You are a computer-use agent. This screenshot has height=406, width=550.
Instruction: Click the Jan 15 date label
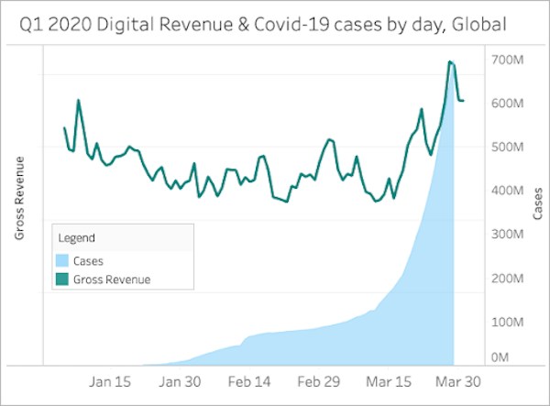click(114, 379)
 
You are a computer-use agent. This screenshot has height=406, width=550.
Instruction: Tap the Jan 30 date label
click(181, 379)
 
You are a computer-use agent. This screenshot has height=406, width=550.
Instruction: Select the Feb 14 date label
click(249, 379)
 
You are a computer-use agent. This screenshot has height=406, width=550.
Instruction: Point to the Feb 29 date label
click(317, 379)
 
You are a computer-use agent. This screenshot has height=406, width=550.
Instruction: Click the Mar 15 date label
click(386, 379)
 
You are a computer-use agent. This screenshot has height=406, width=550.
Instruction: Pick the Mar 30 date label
click(454, 379)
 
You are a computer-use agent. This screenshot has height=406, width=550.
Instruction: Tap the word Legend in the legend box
click(77, 237)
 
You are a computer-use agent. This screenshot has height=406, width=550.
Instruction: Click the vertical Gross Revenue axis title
click(19, 199)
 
